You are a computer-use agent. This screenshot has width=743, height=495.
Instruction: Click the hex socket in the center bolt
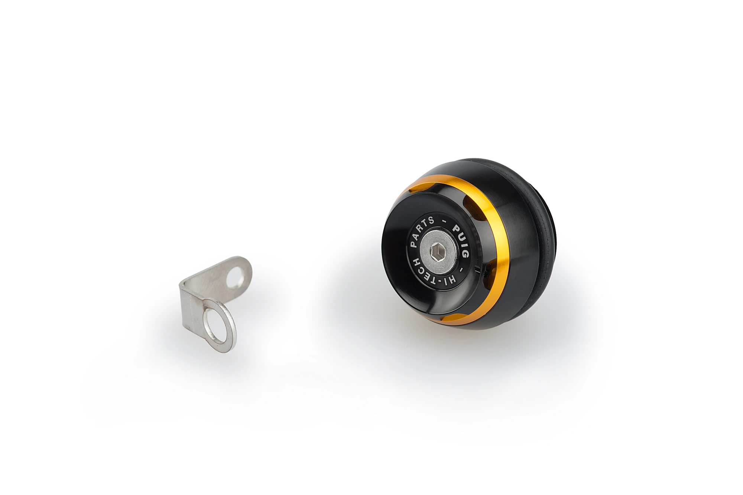click(x=437, y=254)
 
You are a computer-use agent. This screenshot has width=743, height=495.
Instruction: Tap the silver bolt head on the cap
click(x=438, y=253)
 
